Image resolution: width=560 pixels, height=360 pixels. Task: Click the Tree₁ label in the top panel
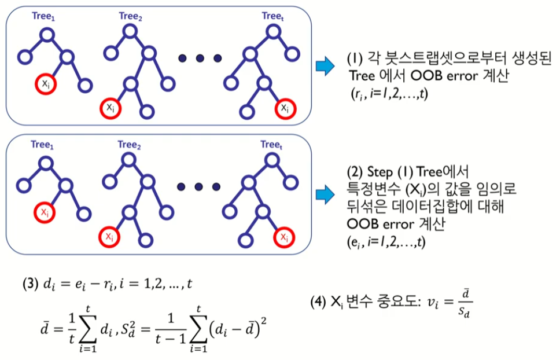[44, 17]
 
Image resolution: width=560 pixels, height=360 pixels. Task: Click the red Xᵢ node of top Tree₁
[45, 85]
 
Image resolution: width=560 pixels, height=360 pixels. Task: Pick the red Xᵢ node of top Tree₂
[109, 108]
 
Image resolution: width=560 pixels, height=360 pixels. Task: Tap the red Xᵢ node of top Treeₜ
[284, 108]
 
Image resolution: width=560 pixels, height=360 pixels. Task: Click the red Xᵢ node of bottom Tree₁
[45, 212]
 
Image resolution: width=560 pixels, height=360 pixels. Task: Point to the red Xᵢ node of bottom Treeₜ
[284, 236]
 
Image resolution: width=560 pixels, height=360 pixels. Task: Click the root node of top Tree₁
[47, 35]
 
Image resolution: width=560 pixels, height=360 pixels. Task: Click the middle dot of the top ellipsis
[200, 58]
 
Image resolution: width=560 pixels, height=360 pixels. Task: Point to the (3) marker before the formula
[30, 284]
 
